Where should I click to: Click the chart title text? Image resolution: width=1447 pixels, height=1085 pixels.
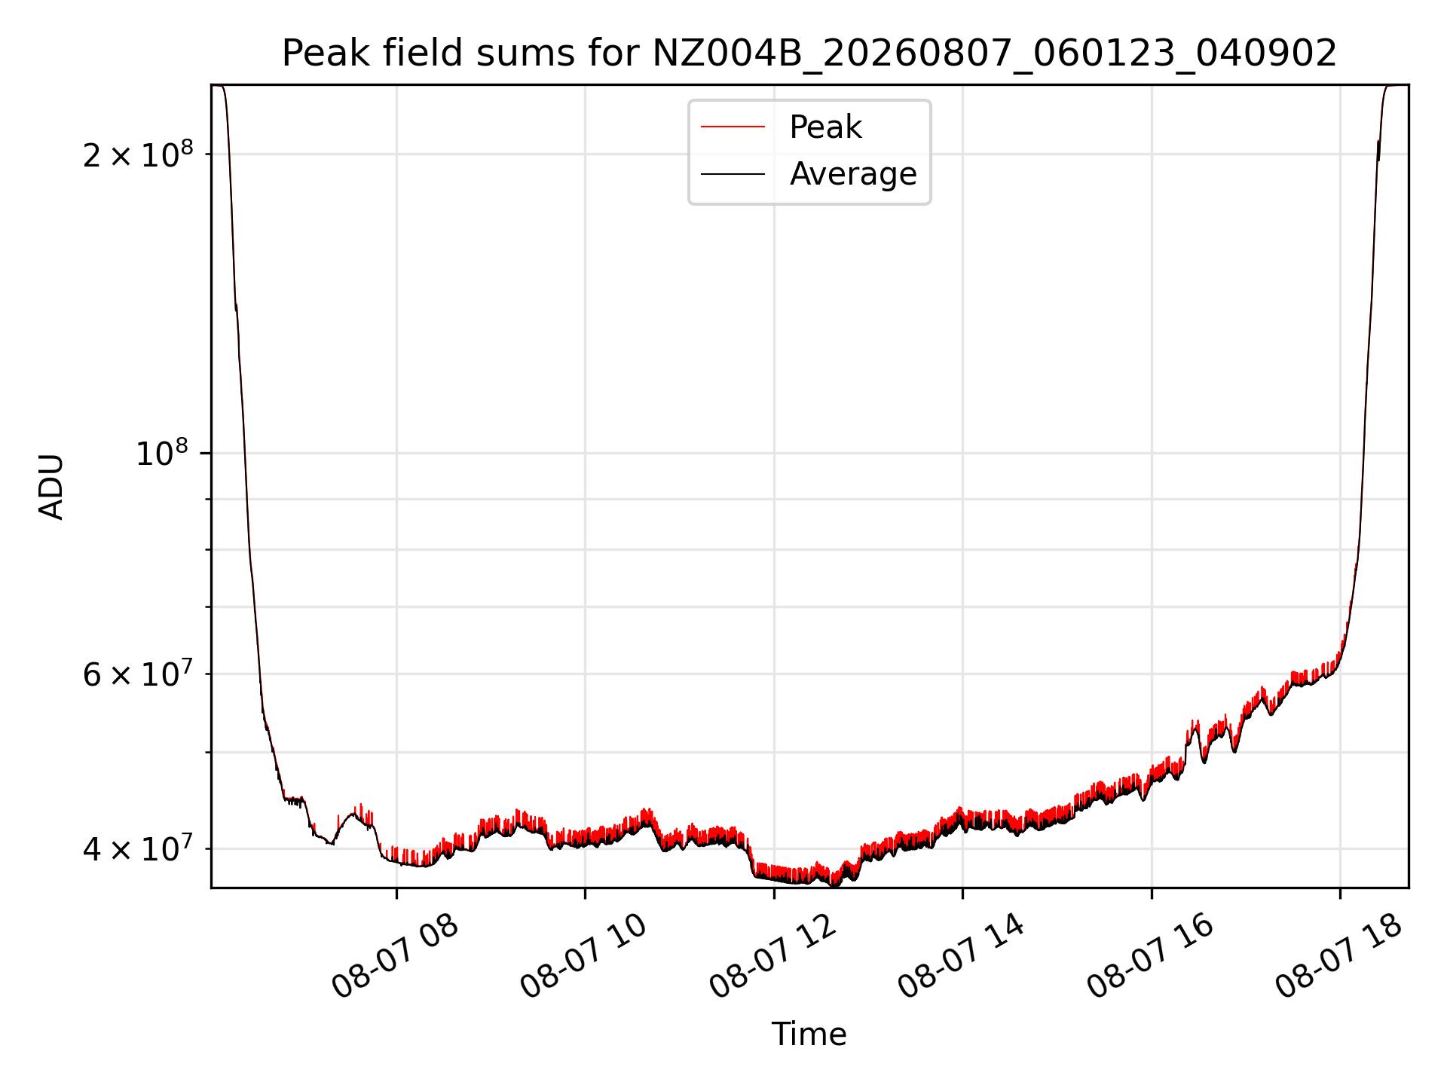coord(809,53)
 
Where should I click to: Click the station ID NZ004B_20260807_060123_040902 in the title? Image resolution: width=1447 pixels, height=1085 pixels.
coord(995,54)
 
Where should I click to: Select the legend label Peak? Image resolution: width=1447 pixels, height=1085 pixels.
coord(825,127)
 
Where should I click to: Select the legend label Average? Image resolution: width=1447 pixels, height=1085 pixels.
coord(853,174)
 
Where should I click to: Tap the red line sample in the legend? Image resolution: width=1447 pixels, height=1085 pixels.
coord(733,127)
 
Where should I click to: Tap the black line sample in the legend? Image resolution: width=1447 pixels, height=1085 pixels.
coord(733,174)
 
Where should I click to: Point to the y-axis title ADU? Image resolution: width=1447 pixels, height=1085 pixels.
coord(51,487)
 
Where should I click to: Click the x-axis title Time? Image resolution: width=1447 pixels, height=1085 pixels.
coord(809,1035)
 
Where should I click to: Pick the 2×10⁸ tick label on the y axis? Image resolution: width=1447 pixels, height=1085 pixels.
coord(138,154)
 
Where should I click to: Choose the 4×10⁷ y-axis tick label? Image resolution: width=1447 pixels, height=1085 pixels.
coord(138,848)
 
